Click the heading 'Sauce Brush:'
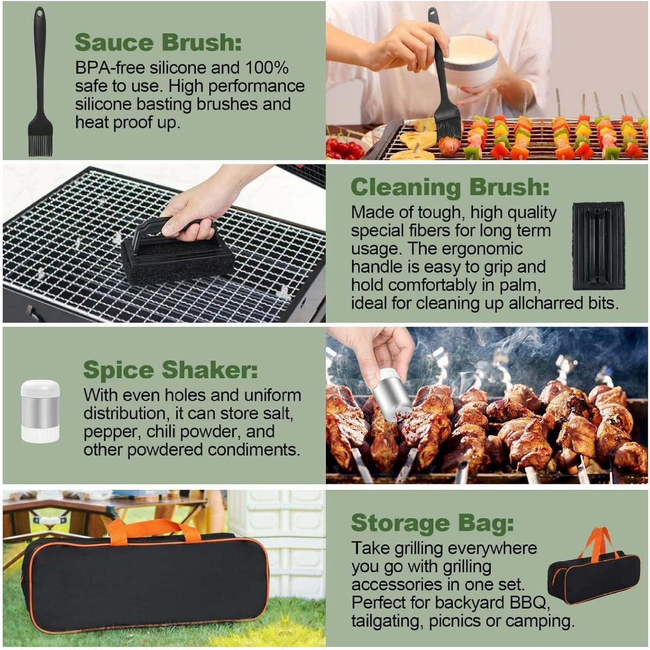[158, 42]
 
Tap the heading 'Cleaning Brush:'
[450, 187]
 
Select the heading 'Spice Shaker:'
[170, 370]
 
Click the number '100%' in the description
[267, 68]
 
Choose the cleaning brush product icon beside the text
[598, 246]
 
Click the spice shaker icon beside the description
[40, 411]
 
